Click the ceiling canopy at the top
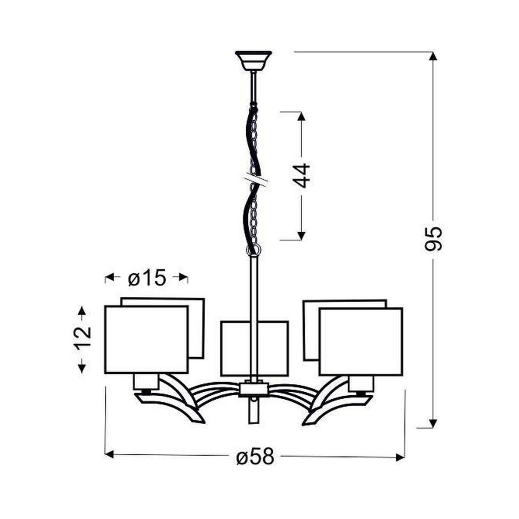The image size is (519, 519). tap(253, 60)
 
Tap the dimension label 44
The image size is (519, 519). tap(301, 175)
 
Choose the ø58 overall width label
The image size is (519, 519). tap(255, 449)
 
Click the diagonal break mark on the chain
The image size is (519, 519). tap(254, 180)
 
